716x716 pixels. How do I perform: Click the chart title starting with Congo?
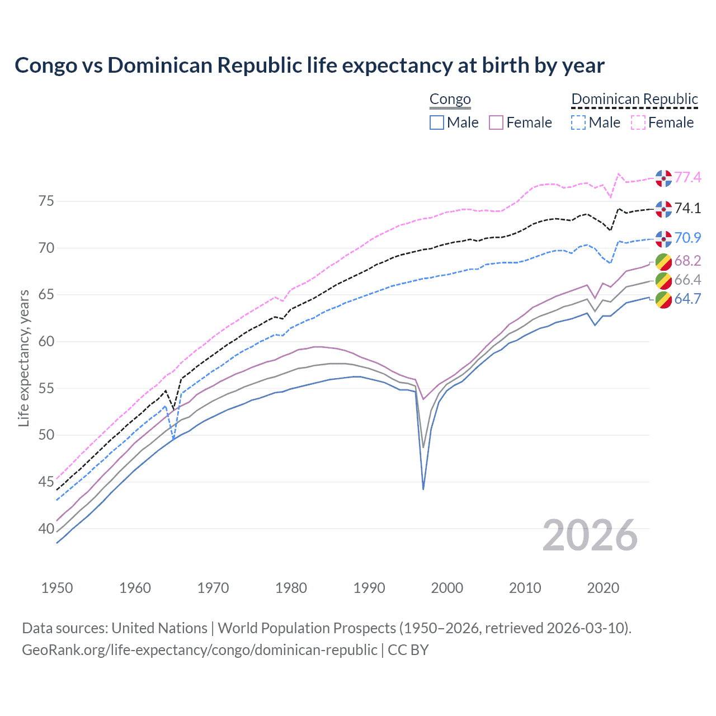pos(309,65)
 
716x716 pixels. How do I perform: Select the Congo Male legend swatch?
pos(437,123)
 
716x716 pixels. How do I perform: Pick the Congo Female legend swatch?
pos(496,123)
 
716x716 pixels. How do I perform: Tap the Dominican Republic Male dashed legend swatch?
pos(578,123)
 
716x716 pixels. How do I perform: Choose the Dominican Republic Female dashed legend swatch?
pos(638,123)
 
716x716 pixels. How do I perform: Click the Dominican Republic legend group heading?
pos(634,99)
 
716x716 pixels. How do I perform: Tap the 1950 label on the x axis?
pos(57,588)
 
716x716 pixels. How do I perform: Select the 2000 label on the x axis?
pos(447,588)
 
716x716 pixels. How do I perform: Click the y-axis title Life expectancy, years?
pos(23,358)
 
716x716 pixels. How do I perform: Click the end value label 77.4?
pos(687,178)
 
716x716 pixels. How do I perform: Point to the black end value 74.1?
pos(687,209)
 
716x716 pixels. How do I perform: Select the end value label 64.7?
pos(687,299)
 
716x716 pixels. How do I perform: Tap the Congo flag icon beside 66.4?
pos(663,280)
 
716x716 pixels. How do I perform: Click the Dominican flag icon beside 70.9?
pos(663,238)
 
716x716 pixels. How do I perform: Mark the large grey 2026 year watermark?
pos(590,536)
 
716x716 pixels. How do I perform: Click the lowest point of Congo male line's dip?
pos(423,489)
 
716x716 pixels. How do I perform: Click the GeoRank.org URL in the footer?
pos(200,650)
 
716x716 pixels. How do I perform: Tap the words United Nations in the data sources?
pos(159,628)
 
